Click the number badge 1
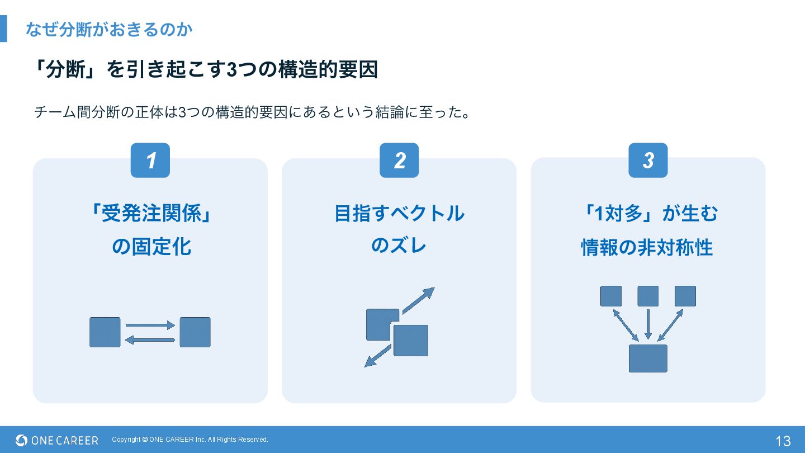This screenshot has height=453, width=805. coord(150,161)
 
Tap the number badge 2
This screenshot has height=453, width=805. coord(399,161)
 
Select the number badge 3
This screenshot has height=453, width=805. coord(648,161)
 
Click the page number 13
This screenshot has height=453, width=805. coord(783,441)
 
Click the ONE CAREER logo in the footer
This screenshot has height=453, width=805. coord(57,440)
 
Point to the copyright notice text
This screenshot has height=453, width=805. coord(190,440)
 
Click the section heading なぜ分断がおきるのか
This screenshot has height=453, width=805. coord(109,29)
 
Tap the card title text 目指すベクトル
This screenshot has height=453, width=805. coord(399,213)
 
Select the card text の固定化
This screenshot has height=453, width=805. coord(151,246)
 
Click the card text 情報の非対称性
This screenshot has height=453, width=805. coord(647,247)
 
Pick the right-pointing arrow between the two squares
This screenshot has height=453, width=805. coord(150,325)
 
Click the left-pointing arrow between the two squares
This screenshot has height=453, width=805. coord(150,339)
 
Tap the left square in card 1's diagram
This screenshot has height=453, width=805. coord(105,332)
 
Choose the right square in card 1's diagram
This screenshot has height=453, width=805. coord(195,332)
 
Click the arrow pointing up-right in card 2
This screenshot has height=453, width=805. coord(418,300)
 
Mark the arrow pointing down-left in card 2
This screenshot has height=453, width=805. coord(378,356)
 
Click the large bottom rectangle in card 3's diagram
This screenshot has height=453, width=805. coord(648,358)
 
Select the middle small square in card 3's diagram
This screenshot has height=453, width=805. coord(648,296)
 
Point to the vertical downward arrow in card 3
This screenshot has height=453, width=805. coord(648,324)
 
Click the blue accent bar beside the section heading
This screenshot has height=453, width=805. coord(3,29)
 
